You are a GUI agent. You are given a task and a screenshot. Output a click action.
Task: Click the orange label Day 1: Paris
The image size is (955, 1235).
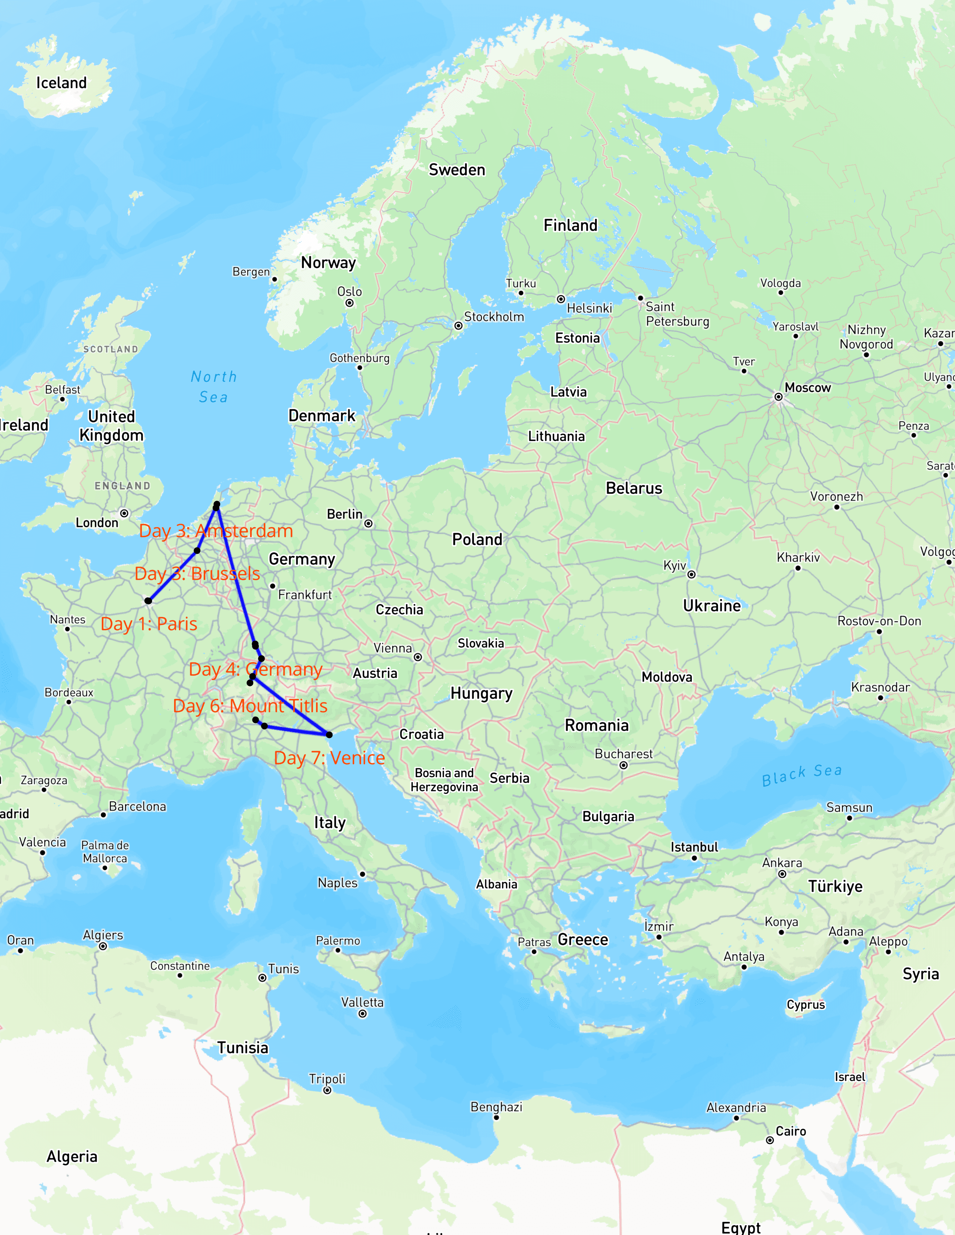(149, 624)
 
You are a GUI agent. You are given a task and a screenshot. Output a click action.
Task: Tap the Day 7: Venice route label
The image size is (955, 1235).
(329, 758)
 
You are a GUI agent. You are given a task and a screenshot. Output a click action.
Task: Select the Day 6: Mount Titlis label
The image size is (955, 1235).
(250, 706)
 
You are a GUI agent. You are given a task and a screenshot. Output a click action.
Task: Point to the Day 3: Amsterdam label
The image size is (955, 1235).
(216, 531)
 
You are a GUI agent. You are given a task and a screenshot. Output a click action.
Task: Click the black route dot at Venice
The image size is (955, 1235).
(329, 735)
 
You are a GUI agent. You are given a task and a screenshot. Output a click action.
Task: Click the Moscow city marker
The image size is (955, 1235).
(779, 397)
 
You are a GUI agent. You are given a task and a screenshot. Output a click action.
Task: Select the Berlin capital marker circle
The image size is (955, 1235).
(368, 524)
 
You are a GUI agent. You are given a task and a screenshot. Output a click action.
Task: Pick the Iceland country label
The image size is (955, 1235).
(62, 83)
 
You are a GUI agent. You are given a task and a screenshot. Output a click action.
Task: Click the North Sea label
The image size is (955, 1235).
(214, 387)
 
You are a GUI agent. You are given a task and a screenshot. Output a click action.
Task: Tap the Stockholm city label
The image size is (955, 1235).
(494, 317)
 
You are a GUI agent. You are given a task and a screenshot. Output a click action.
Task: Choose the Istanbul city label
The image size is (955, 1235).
(694, 847)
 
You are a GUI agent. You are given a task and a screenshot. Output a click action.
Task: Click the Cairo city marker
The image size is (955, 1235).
(770, 1140)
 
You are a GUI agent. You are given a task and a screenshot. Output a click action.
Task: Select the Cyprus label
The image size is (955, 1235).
(806, 1004)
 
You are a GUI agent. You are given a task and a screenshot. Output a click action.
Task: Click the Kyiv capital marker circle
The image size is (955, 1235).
(691, 574)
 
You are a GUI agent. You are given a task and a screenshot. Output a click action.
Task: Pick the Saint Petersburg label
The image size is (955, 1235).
(677, 314)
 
